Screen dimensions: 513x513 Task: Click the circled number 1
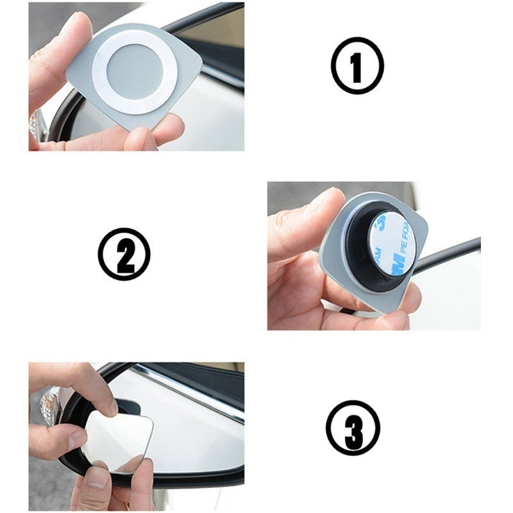pyautogui.click(x=357, y=65)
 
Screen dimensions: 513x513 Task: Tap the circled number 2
pyautogui.click(x=124, y=255)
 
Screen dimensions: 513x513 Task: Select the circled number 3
pyautogui.click(x=353, y=427)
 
